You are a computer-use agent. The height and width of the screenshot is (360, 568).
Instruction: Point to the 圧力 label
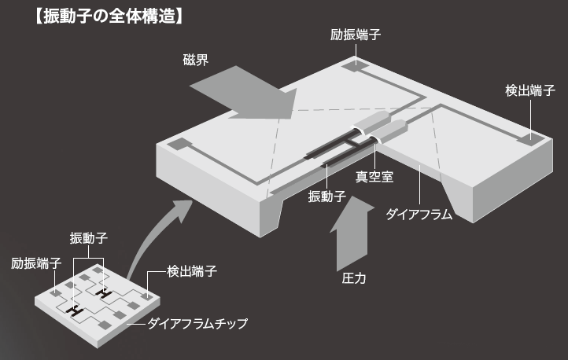(354, 278)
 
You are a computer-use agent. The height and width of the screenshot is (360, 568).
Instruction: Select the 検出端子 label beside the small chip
(192, 271)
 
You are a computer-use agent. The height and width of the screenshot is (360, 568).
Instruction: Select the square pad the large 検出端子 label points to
(529, 141)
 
